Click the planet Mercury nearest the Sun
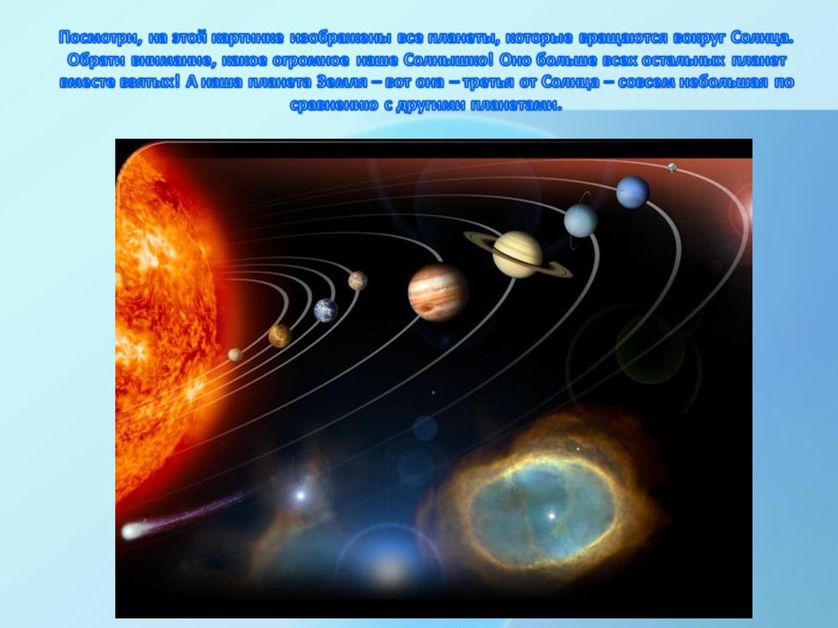pyautogui.click(x=235, y=354)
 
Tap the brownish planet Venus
pyautogui.click(x=280, y=336)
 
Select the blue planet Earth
pyautogui.click(x=326, y=311)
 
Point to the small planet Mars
pyautogui.click(x=358, y=281)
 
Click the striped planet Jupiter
pyautogui.click(x=437, y=291)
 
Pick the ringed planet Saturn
pyautogui.click(x=517, y=254)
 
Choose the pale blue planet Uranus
pyautogui.click(x=580, y=220)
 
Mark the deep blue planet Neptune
pyautogui.click(x=633, y=192)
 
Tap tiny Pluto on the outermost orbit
pyautogui.click(x=671, y=167)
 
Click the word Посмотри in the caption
pyautogui.click(x=92, y=39)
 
